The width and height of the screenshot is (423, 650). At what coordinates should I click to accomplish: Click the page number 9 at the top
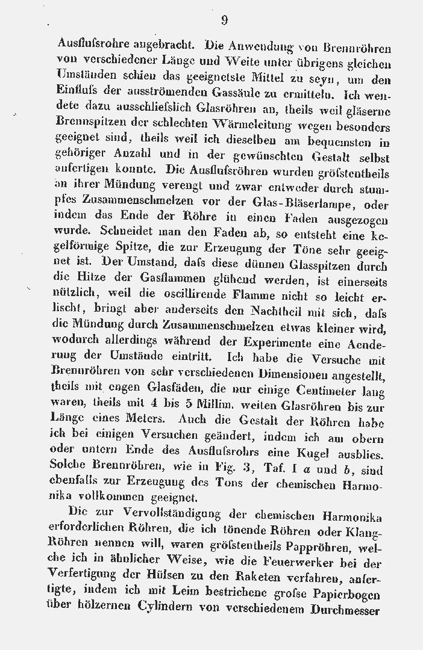(224, 20)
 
